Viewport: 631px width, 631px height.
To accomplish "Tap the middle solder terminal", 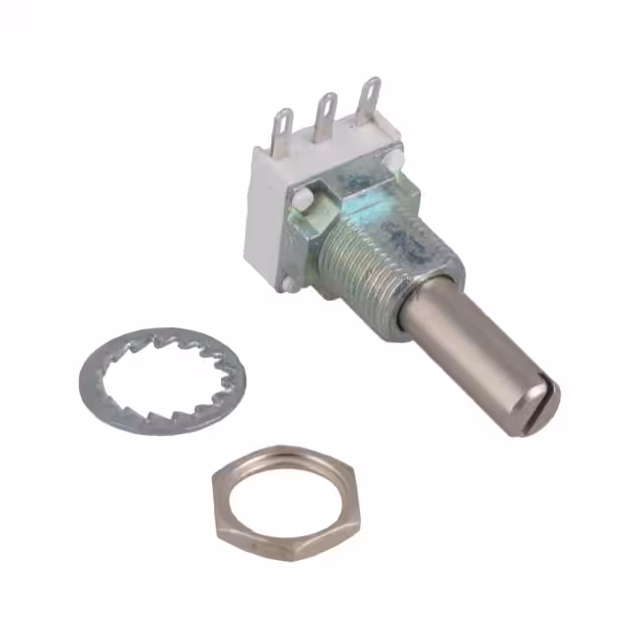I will click(324, 112).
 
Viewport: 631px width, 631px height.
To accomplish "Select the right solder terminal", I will click(370, 99).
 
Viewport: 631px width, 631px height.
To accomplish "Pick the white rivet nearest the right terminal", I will click(394, 158).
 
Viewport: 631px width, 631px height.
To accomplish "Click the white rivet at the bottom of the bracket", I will click(290, 285).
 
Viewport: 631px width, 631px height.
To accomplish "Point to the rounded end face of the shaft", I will click(541, 399).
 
